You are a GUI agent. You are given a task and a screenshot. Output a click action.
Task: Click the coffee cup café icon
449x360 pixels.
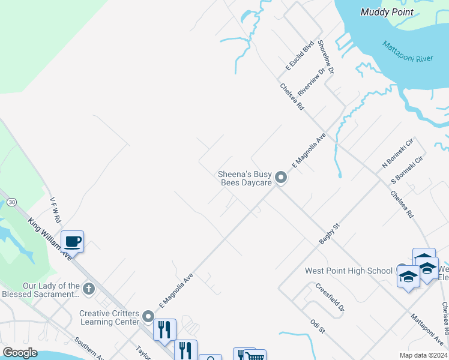73,241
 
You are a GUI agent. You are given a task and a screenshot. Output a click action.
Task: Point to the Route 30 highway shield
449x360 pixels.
12,202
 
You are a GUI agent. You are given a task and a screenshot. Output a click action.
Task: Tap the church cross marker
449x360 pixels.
88,289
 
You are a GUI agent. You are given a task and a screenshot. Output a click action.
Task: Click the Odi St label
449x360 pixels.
318,326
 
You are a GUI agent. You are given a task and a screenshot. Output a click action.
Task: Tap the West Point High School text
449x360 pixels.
348,271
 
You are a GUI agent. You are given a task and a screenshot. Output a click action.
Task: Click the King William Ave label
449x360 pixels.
49,239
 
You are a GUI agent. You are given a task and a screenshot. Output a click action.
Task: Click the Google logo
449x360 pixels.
20,353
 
